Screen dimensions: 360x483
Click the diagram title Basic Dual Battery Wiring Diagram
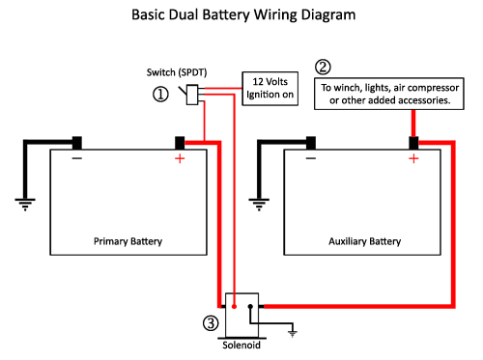coord(241,16)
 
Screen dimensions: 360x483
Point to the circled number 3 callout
coord(209,321)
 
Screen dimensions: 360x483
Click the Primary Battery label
coord(128,239)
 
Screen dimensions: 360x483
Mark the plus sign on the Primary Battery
coord(180,158)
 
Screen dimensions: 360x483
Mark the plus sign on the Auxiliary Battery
coord(413,158)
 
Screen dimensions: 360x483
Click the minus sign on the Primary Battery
coord(76,157)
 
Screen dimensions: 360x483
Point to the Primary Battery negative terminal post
coord(76,143)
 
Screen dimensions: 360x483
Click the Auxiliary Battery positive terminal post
coord(413,143)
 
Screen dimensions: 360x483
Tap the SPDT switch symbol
coord(190,94)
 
